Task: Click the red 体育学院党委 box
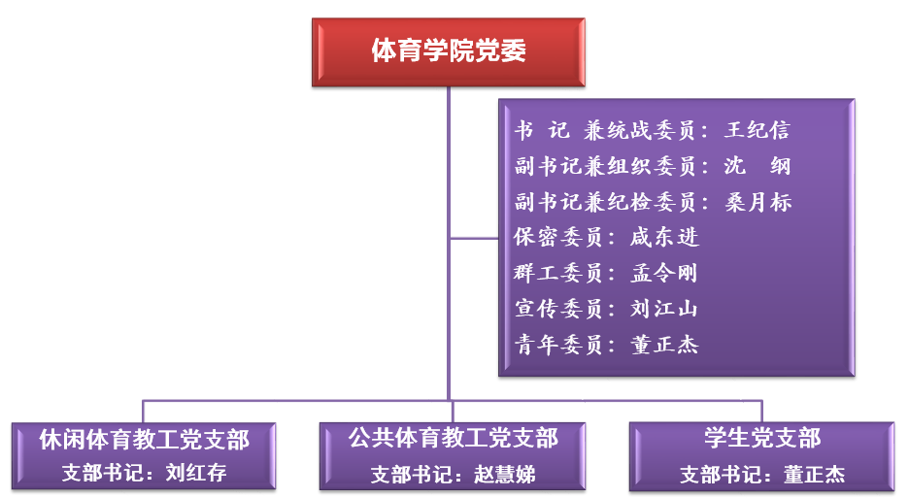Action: click(x=449, y=51)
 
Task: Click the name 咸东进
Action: click(x=664, y=238)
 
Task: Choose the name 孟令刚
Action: click(x=664, y=273)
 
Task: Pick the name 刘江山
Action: click(x=664, y=309)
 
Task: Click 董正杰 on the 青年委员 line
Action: click(x=664, y=345)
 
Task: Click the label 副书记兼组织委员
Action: click(x=605, y=166)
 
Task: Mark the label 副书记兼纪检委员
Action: click(x=605, y=202)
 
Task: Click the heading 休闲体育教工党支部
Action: click(x=144, y=440)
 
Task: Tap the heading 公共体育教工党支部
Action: click(x=454, y=439)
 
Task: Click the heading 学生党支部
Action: click(x=762, y=439)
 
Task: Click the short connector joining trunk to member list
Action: click(x=473, y=238)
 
